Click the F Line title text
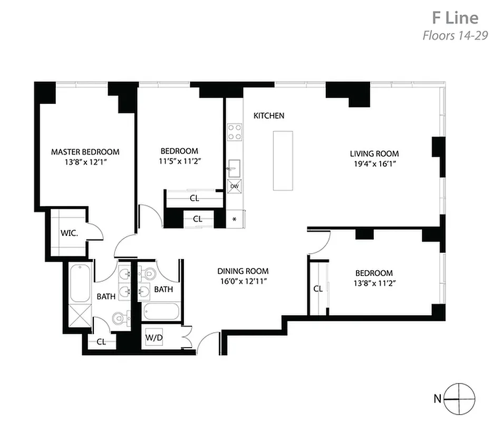tap(455, 17)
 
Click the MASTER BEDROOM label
tap(85, 152)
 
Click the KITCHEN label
tap(269, 116)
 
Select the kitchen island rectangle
tap(283, 160)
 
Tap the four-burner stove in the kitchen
tap(234, 131)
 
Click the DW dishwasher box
tap(234, 186)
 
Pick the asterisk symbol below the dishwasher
tap(234, 218)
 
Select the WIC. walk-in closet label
tap(69, 233)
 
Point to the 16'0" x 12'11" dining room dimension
tap(243, 281)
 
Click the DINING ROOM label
tap(243, 271)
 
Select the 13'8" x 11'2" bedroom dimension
tap(374, 283)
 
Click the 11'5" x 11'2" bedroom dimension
tap(180, 161)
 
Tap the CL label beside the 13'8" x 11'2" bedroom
tap(318, 289)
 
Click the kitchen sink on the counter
tap(234, 167)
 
